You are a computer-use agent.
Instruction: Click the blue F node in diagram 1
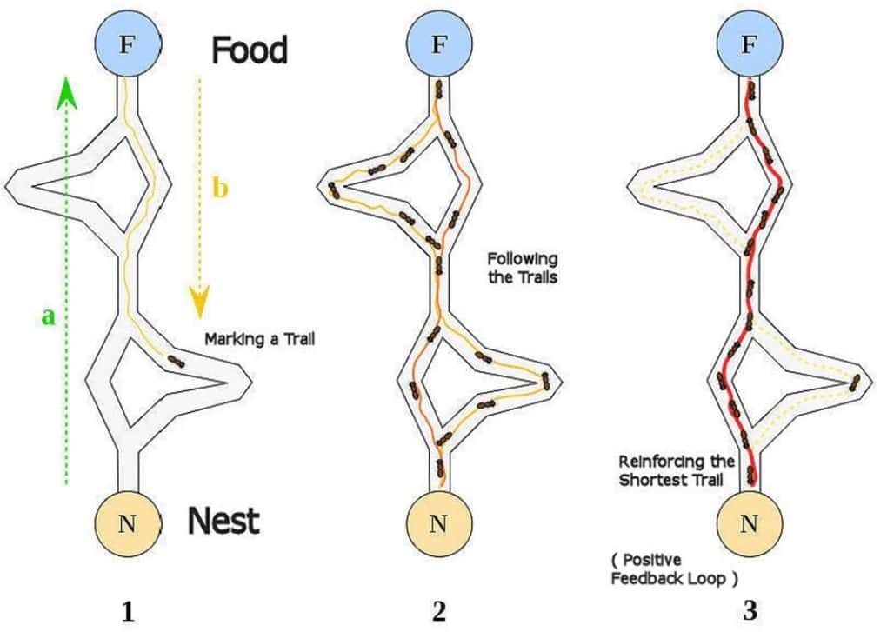coord(127,44)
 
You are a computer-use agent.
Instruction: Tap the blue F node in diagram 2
coord(439,44)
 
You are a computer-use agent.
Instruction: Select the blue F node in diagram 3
coord(749,44)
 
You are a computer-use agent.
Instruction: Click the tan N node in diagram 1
coord(127,522)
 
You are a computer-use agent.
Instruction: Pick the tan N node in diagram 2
coord(439,522)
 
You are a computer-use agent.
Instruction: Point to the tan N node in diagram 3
coord(749,522)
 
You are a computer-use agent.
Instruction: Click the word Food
coord(249,50)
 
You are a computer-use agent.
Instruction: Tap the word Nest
coord(223,522)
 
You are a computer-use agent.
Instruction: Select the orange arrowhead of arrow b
coord(199,301)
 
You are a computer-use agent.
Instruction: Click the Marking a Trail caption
coord(258,339)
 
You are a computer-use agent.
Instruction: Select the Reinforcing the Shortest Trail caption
coord(676,469)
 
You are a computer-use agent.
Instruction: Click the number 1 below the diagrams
coord(128,611)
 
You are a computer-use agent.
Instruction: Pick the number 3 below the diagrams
coord(750,611)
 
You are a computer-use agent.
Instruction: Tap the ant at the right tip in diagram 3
coord(855,381)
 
